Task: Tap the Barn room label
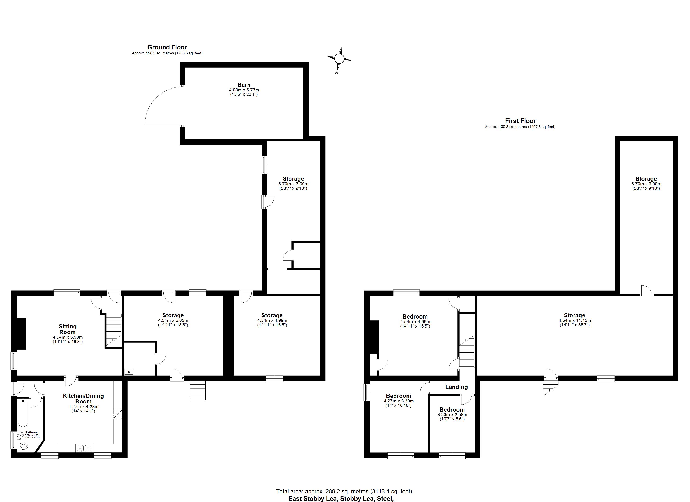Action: [x=244, y=85]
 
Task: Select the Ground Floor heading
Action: [x=167, y=47]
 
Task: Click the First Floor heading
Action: [x=520, y=121]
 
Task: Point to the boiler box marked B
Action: [x=129, y=372]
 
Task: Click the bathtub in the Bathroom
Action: [x=23, y=414]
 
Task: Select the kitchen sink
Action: [x=81, y=448]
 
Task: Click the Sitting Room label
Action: [x=68, y=329]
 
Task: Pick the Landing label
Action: [x=456, y=387]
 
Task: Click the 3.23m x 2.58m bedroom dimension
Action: [x=452, y=415]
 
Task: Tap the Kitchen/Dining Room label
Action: [x=83, y=398]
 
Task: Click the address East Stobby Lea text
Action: [x=343, y=499]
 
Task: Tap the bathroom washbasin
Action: [x=20, y=435]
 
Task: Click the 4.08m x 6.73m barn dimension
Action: [x=244, y=90]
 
